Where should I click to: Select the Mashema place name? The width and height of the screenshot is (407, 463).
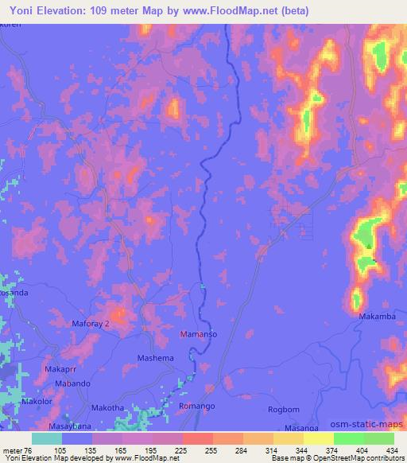pos(156,358)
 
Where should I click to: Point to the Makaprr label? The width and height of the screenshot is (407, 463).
pos(60,371)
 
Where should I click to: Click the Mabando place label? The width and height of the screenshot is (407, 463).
pos(72,384)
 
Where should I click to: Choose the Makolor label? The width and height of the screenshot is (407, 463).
pos(37,402)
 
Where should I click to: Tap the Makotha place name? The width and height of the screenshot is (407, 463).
pos(107,408)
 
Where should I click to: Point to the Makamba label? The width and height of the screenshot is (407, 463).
pos(376,317)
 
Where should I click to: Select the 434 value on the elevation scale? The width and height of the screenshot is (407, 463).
pos(392,449)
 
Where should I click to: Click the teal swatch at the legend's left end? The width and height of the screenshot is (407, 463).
pos(47,438)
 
